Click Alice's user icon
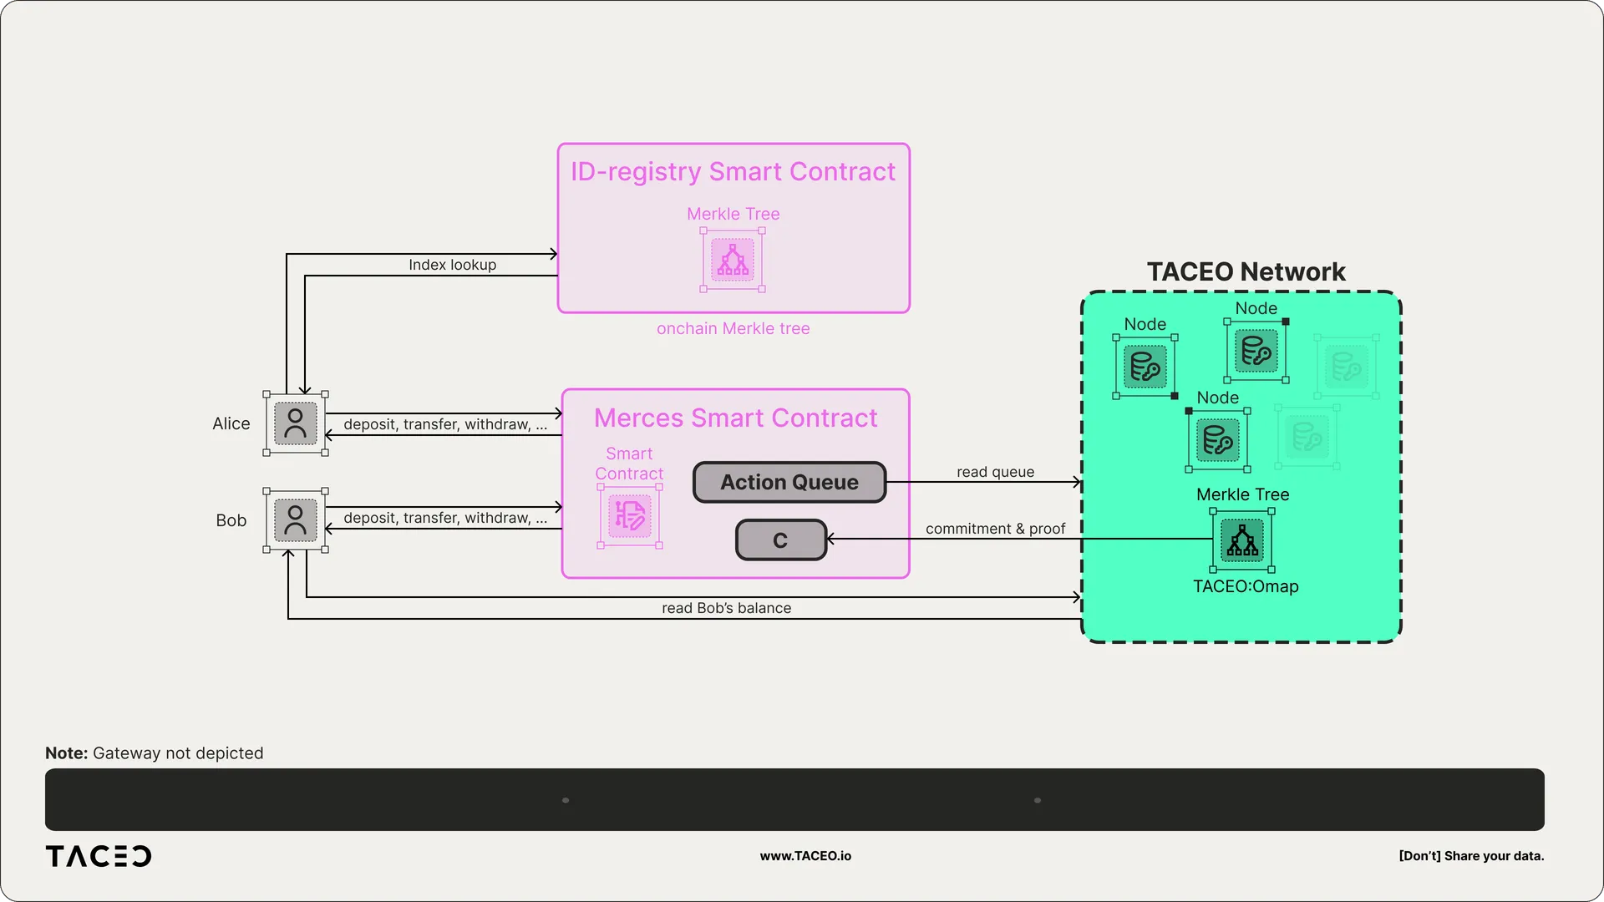point(296,423)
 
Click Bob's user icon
point(296,520)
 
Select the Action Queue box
point(789,482)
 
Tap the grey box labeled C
point(781,540)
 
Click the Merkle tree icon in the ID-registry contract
point(733,260)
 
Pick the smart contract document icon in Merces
point(630,516)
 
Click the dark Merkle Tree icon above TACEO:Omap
point(1242,540)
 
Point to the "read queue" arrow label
point(995,472)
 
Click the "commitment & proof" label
point(995,529)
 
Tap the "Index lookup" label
point(452,265)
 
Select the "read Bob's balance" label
point(726,608)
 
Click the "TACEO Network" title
point(1246,271)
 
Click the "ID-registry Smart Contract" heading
point(733,171)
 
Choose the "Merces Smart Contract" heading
point(735,418)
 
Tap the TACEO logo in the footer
point(99,856)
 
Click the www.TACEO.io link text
point(805,856)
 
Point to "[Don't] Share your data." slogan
point(1471,856)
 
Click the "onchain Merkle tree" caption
point(733,328)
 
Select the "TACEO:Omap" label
point(1246,586)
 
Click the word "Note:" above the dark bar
point(66,753)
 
